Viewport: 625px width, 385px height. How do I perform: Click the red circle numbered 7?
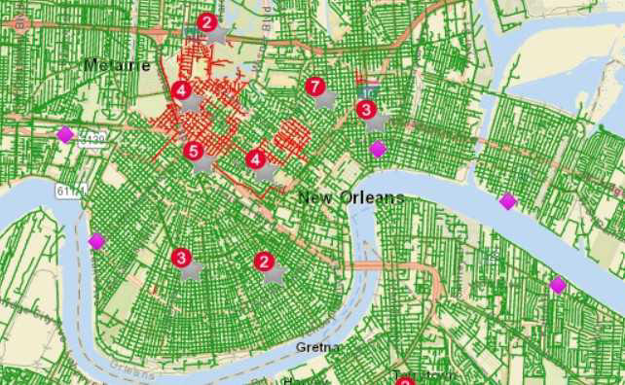(x=313, y=87)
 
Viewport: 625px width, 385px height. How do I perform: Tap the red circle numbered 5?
(x=193, y=151)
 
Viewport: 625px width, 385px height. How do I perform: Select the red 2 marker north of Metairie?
(x=206, y=21)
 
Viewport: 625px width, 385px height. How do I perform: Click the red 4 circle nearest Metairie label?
(x=181, y=90)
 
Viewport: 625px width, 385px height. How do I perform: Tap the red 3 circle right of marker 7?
(x=366, y=109)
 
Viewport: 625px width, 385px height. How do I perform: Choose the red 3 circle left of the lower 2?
(x=181, y=258)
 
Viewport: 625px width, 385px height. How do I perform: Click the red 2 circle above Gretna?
(x=263, y=261)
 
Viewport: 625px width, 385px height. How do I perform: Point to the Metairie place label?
(x=117, y=65)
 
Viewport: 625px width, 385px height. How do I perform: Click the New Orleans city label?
(x=350, y=198)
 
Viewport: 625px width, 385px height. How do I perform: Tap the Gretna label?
(x=318, y=347)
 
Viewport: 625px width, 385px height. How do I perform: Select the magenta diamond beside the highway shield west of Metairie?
(x=64, y=134)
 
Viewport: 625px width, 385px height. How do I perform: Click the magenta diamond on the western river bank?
(x=96, y=240)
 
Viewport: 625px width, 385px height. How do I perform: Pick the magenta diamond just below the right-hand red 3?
(x=378, y=149)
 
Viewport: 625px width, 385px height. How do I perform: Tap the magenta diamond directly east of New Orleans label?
(x=507, y=201)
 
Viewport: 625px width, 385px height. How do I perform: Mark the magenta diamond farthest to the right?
(x=557, y=285)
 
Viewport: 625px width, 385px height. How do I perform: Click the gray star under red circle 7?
(x=326, y=99)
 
